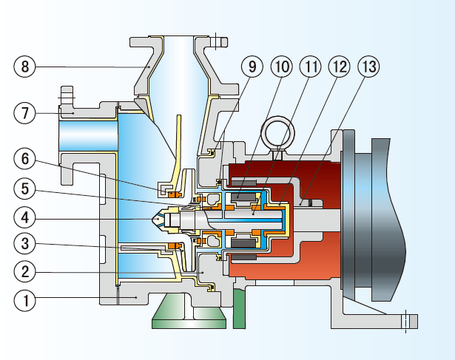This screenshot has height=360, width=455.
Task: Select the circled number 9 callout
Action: pos(252,67)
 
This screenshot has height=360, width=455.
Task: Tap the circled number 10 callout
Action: pos(281,67)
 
